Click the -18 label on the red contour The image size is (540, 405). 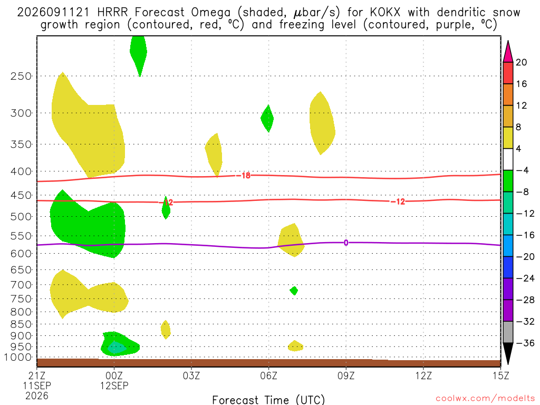click(x=246, y=176)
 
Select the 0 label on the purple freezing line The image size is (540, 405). click(x=346, y=243)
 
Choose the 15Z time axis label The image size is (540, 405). click(x=501, y=375)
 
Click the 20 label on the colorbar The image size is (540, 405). click(x=522, y=62)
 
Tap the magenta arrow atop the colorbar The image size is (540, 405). click(x=508, y=52)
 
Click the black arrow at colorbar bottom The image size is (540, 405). click(x=508, y=353)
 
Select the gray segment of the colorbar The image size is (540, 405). click(x=508, y=332)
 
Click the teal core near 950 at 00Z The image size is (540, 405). click(x=116, y=348)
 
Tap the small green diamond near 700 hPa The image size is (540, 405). click(x=294, y=291)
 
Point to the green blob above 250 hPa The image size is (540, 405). click(x=139, y=55)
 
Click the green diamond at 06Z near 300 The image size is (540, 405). click(x=267, y=119)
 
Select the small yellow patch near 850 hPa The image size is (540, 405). click(x=166, y=330)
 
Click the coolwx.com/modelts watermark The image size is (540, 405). click(x=485, y=399)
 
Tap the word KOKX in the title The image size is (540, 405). click(x=385, y=13)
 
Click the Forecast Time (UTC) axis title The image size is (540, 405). click(x=268, y=400)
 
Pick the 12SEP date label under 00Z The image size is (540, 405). click(x=114, y=385)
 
